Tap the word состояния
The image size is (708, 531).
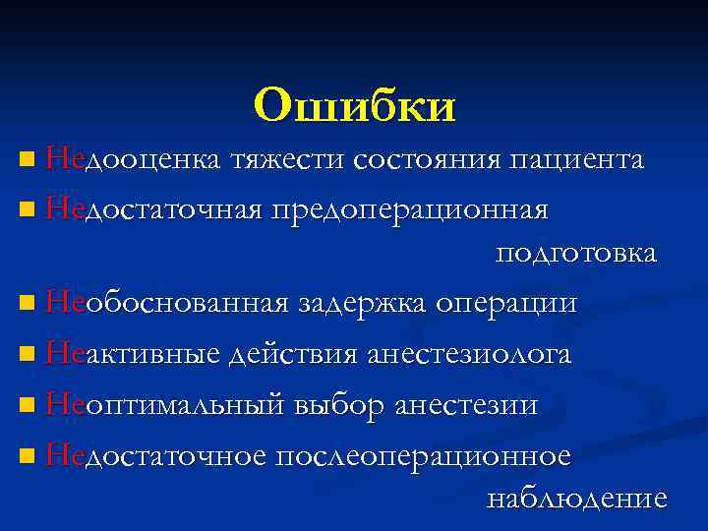[425, 159]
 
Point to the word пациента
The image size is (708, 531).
[575, 159]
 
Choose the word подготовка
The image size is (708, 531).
[576, 253]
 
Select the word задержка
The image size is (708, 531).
[362, 303]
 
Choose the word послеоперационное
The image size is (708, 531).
[423, 456]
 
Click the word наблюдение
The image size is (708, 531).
[577, 499]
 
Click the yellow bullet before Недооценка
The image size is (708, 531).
[26, 159]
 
